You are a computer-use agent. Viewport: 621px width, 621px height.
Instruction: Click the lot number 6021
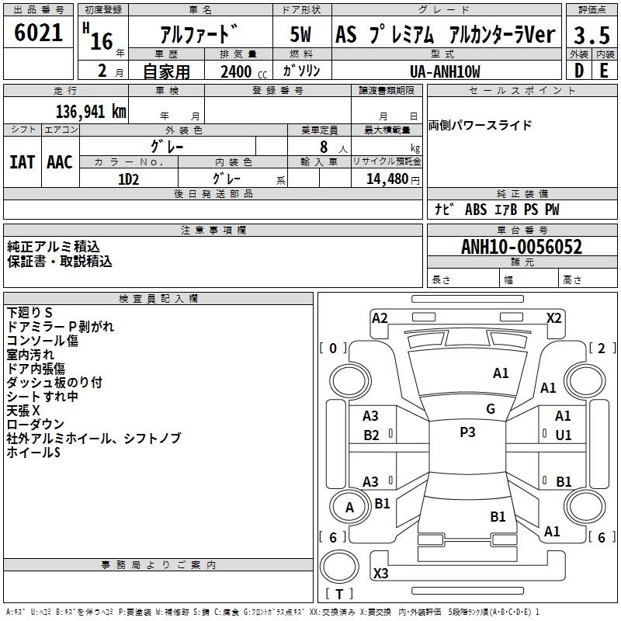[x=38, y=33]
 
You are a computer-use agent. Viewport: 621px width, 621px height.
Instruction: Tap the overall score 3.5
[x=592, y=35]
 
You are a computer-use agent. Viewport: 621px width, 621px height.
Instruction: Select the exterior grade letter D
[x=579, y=71]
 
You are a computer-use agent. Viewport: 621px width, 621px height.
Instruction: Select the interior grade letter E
[x=604, y=71]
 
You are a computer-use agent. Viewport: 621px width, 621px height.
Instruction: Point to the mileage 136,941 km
[x=91, y=112]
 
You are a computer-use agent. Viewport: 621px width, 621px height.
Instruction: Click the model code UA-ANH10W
[x=445, y=71]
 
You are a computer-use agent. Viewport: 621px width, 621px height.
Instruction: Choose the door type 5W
[x=300, y=34]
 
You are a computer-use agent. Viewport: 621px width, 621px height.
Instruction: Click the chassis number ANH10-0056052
[x=522, y=247]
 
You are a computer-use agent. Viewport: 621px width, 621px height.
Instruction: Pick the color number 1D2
[x=128, y=179]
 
